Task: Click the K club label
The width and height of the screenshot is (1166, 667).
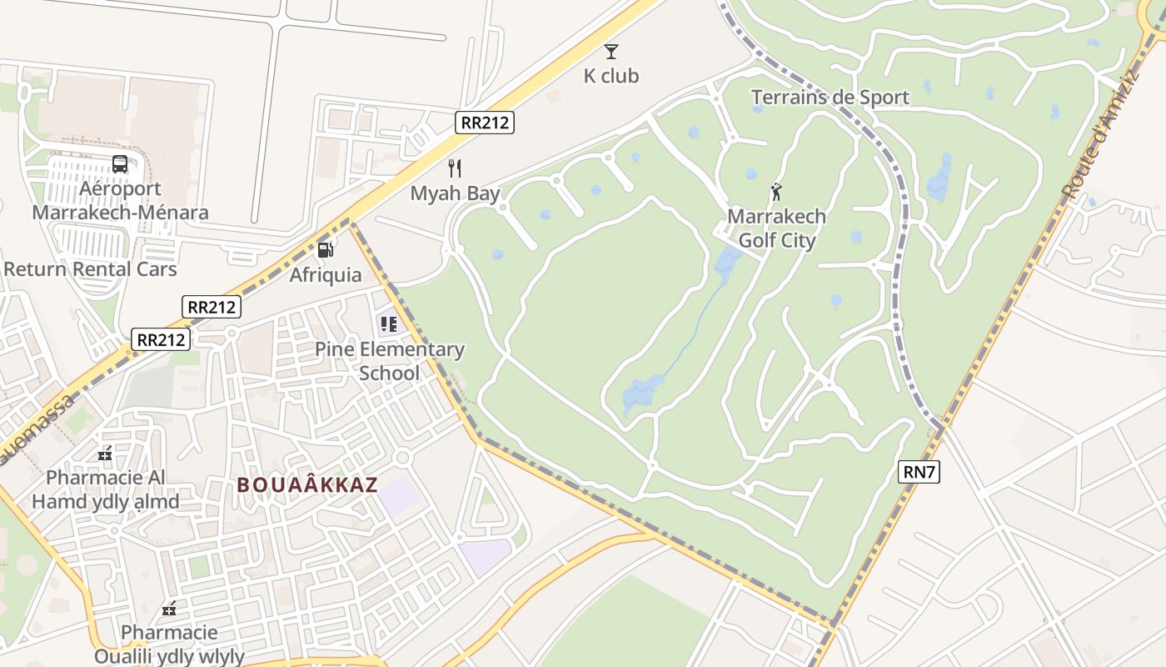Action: click(610, 76)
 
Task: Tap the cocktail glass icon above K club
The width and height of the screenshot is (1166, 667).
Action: click(611, 52)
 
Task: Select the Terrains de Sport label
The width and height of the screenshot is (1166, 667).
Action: click(830, 98)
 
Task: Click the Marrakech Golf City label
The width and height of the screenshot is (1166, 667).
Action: click(777, 228)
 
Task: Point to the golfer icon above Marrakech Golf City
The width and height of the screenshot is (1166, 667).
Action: click(776, 192)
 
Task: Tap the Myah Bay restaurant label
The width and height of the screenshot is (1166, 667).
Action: click(455, 194)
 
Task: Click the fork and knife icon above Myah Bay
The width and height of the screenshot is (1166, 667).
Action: click(455, 168)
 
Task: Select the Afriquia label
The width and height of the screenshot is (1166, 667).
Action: click(326, 275)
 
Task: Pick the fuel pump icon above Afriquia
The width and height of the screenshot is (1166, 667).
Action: click(326, 248)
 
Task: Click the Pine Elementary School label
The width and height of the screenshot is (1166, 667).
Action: click(390, 361)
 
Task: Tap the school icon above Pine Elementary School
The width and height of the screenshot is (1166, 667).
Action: click(389, 323)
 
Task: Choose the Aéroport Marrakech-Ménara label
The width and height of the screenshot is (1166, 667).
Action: click(120, 200)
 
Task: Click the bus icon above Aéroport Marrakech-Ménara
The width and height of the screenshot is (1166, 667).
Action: click(120, 164)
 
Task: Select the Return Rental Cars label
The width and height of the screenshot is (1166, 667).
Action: click(90, 269)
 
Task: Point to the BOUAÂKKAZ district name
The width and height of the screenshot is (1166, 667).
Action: click(307, 485)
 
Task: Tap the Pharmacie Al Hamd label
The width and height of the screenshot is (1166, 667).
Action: click(106, 489)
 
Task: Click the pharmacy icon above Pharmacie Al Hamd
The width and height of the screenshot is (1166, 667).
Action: click(105, 454)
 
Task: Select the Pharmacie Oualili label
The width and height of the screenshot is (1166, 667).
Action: click(169, 644)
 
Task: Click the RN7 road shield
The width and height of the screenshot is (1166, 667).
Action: click(920, 473)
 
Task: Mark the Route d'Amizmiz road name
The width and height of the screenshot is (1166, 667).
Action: click(1101, 133)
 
